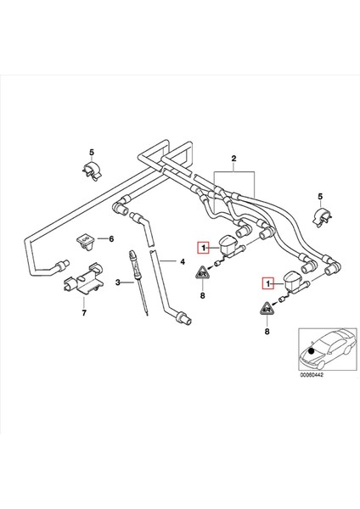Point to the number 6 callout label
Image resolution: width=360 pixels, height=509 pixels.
(x=110, y=240)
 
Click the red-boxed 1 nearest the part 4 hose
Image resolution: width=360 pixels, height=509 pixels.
(x=202, y=248)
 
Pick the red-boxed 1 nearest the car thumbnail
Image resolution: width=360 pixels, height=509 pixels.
(x=268, y=283)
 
